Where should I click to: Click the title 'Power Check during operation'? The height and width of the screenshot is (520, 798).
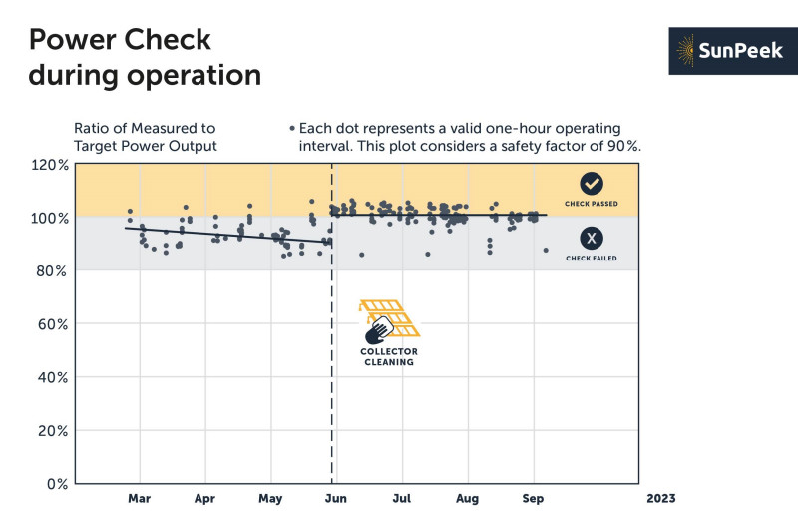[145, 57]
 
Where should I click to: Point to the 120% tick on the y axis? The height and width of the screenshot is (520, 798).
[49, 165]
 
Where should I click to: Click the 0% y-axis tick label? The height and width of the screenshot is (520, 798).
[57, 484]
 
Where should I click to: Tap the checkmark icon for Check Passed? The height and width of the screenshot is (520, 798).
[592, 184]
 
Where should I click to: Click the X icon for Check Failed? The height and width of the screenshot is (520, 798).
[592, 238]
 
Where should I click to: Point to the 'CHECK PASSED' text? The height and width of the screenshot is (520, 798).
[592, 204]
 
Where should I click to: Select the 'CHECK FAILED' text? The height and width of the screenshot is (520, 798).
[592, 259]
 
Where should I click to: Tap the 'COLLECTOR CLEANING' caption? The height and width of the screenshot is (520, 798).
[389, 357]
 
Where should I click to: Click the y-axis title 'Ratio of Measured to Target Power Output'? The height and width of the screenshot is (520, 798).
[145, 137]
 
